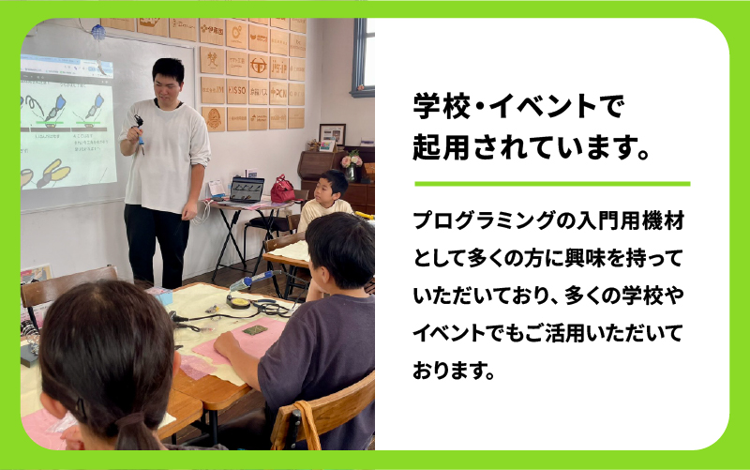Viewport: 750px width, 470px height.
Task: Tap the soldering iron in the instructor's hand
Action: [140, 131]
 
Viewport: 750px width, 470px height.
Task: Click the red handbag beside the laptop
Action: [282, 190]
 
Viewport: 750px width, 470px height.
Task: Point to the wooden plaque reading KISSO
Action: [236, 91]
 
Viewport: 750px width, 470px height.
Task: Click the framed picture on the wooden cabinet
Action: [332, 134]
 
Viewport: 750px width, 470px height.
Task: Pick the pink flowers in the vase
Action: [352, 159]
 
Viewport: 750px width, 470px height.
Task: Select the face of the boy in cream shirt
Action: [330, 191]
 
